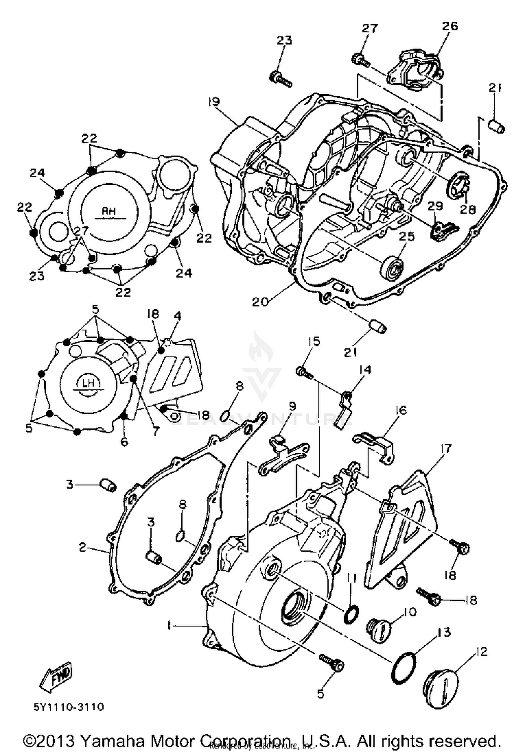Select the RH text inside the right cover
click(108, 211)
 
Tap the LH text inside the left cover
click(90, 383)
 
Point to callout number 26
click(450, 26)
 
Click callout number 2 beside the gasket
click(82, 547)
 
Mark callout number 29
click(435, 206)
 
